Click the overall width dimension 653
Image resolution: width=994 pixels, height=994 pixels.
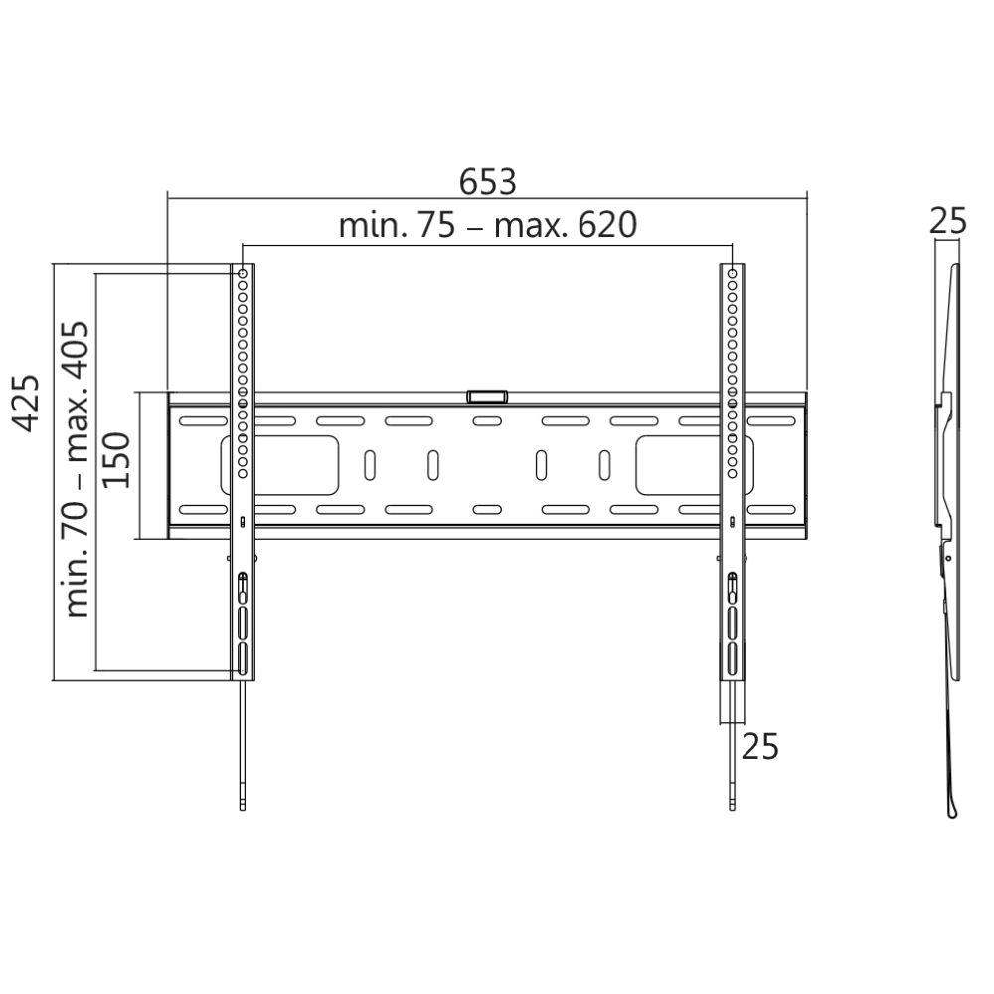pos(488,182)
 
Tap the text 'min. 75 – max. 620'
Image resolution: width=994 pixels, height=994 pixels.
pos(487,226)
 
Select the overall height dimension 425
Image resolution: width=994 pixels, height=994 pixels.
pos(29,403)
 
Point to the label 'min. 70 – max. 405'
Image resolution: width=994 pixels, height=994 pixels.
pos(77,469)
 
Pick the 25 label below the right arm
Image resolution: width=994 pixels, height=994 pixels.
pos(759,745)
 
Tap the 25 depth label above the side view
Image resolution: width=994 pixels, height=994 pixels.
pos(946,221)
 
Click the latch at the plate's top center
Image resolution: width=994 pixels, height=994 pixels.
pos(486,396)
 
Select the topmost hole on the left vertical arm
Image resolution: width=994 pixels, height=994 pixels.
pos(243,272)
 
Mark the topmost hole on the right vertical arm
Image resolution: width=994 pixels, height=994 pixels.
pos(733,272)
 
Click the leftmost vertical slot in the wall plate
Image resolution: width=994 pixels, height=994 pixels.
pos(369,465)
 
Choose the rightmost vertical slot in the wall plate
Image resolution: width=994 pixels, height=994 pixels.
pos(604,465)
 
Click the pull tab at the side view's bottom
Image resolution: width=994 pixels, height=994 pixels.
pos(952,810)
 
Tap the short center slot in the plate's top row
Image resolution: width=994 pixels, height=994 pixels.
pos(486,422)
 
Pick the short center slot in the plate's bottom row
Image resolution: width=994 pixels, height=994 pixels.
pos(486,510)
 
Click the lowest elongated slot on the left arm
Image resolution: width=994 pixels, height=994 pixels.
pos(243,659)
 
